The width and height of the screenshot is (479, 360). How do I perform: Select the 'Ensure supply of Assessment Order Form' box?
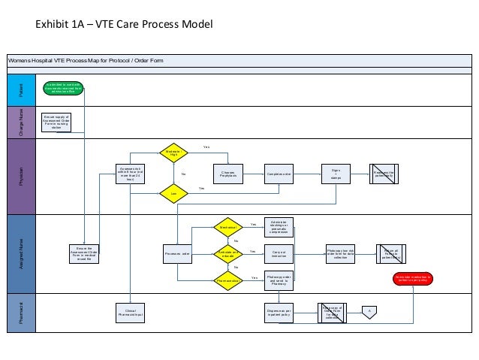[x=56, y=122]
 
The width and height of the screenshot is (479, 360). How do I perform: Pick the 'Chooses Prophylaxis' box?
[x=228, y=174]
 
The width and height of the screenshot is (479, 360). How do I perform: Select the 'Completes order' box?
[x=279, y=174]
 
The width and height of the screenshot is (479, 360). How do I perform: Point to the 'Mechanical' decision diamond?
[x=228, y=226]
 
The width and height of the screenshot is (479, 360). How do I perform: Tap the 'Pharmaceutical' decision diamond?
[x=228, y=280]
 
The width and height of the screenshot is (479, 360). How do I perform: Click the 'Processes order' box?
[x=176, y=254]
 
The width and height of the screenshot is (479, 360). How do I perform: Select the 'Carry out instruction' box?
[x=279, y=254]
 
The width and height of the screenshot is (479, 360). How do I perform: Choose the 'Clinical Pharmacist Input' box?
[x=125, y=313]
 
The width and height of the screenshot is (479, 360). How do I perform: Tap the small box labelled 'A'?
[x=368, y=310]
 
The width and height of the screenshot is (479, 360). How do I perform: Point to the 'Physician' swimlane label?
[x=21, y=174]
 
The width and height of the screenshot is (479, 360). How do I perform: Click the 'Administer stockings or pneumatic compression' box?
[x=279, y=226]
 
